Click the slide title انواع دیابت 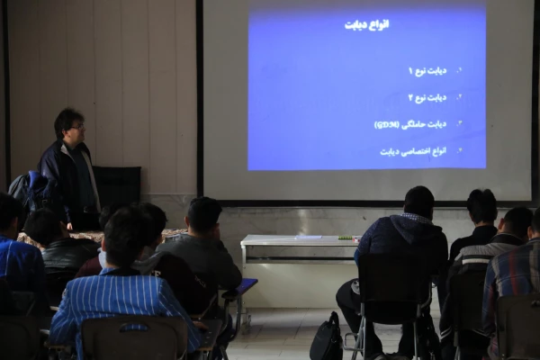coord(366,24)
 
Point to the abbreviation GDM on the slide coord(387,124)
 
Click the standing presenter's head coord(68,123)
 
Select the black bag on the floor coord(326,339)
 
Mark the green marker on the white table coord(345,238)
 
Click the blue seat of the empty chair coord(245,285)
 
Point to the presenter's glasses coord(76,125)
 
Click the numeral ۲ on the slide coord(411,97)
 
